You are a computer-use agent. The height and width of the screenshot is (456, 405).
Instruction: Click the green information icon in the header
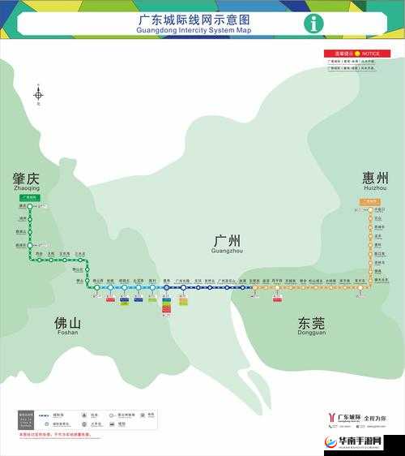pos(313,24)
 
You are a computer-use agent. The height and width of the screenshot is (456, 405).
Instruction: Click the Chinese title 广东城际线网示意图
pos(183,19)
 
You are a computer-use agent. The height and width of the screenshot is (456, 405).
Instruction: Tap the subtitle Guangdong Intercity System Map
pos(183,30)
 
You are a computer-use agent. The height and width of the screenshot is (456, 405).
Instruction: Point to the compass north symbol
pos(38,95)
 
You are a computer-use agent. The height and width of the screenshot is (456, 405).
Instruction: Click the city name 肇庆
pos(26,179)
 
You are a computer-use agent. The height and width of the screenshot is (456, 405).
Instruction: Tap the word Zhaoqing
pos(26,188)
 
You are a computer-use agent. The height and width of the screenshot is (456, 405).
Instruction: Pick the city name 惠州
pos(375,178)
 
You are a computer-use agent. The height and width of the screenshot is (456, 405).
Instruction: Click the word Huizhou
pos(375,187)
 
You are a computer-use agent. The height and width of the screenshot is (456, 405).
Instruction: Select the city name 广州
pos(227,241)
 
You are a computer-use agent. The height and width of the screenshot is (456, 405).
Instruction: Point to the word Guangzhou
pos(227,251)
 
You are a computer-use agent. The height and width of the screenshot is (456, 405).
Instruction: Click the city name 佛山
pos(67,322)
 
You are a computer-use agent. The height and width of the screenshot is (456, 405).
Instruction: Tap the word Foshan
pos(67,332)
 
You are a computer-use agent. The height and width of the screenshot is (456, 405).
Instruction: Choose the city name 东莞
pos(312,322)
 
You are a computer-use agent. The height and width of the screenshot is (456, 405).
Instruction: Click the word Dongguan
pos(312,332)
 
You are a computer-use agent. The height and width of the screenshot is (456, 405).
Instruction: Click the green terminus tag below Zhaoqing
pos(29,197)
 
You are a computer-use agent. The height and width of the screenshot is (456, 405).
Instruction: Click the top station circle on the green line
pos(30,207)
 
